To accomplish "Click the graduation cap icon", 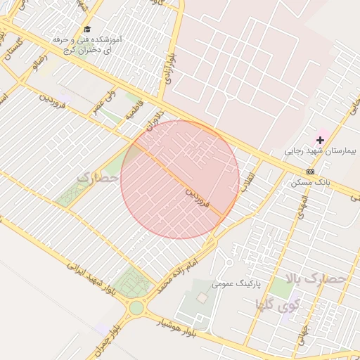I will pyautogui.click(x=87, y=30).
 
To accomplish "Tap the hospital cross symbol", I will pyautogui.click(x=321, y=140).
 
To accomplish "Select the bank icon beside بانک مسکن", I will pyautogui.click(x=310, y=172).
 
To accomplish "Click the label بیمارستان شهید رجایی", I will pyautogui.click(x=321, y=150).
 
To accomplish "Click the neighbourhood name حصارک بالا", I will pyautogui.click(x=317, y=278).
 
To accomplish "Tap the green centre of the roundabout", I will pyautogui.click(x=136, y=308).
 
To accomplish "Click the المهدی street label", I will pyautogui.click(x=303, y=206).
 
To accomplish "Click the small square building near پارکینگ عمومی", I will pyautogui.click(x=202, y=298).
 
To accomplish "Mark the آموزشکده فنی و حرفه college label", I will pyautogui.click(x=88, y=46).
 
